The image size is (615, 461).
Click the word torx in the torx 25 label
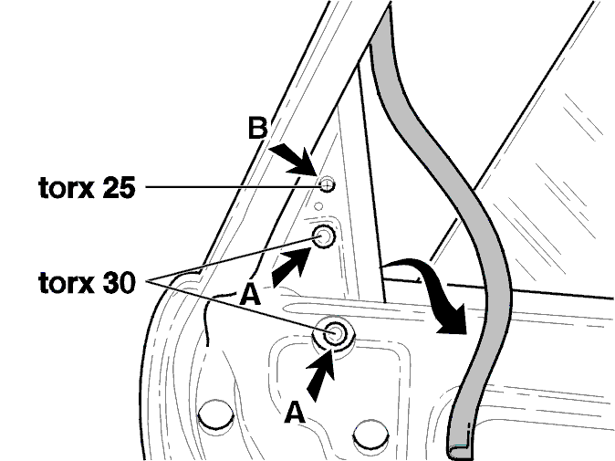[66, 187]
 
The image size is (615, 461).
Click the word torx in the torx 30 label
[66, 282]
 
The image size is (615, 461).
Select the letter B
[257, 128]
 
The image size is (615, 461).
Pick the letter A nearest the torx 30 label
[250, 294]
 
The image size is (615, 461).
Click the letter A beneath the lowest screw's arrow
[295, 413]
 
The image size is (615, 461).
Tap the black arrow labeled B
[291, 159]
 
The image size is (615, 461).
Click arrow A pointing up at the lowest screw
[319, 375]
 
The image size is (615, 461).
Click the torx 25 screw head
[327, 184]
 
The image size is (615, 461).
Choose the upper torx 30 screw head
[324, 237]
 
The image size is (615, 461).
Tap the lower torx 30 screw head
[334, 333]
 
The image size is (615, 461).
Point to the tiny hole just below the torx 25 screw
[318, 206]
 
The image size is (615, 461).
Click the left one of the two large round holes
[215, 414]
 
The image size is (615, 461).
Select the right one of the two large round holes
[370, 435]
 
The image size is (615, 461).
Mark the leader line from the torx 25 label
[233, 186]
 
